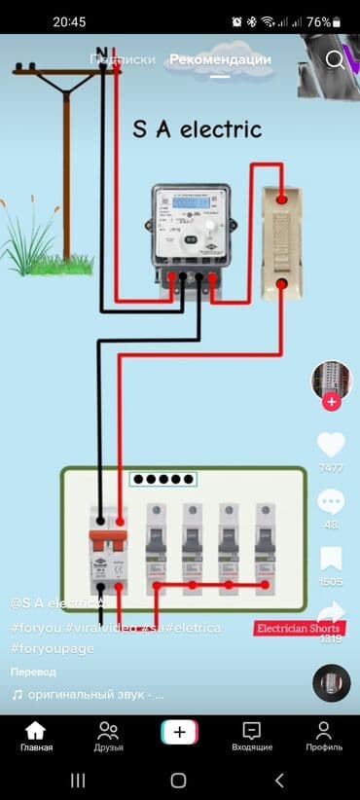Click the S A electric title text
(x=197, y=128)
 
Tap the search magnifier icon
(x=336, y=60)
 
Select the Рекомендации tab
(x=220, y=59)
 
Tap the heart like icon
(x=331, y=445)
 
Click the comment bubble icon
(x=331, y=502)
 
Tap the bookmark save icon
(x=331, y=559)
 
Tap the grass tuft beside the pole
(x=34, y=243)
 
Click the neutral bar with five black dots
(x=163, y=479)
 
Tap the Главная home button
(x=36, y=737)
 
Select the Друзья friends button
(x=108, y=737)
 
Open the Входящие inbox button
(x=251, y=737)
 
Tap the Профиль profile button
(x=323, y=737)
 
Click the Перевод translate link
(x=33, y=673)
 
